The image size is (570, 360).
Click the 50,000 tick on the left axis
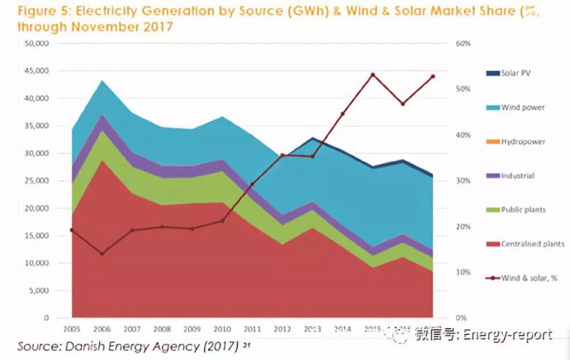point(36,43)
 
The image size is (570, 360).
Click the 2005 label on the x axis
point(72,330)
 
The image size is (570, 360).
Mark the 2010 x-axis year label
point(222,330)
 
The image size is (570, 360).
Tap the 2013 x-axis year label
point(312,330)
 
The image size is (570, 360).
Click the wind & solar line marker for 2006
point(102,254)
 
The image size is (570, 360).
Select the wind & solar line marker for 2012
point(282,155)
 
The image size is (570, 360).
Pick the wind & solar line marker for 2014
point(342,113)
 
